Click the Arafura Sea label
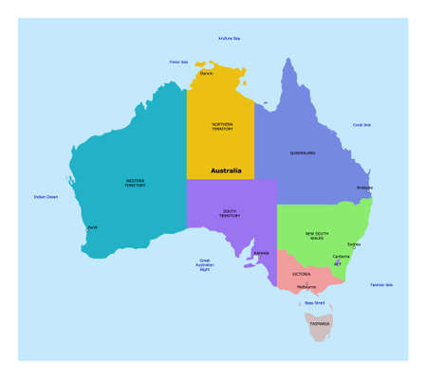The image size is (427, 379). point(229,39)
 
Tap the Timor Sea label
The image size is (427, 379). point(178,62)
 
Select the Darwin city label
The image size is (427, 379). point(206,73)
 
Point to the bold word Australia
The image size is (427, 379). point(225,171)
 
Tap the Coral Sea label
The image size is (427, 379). point(362,124)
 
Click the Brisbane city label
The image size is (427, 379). point(364,188)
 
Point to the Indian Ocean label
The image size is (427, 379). point(46,197)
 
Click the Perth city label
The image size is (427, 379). point(92,228)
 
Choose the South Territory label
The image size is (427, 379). point(230,214)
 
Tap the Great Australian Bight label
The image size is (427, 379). point(205,265)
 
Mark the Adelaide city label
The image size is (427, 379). point(262,253)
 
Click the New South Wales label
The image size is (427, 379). point(317,236)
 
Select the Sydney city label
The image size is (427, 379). point(354,244)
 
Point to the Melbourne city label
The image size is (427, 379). point(306,286)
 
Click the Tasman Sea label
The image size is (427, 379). point(382,284)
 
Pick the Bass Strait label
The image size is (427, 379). point(314,303)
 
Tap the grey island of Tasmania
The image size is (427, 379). point(319,325)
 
